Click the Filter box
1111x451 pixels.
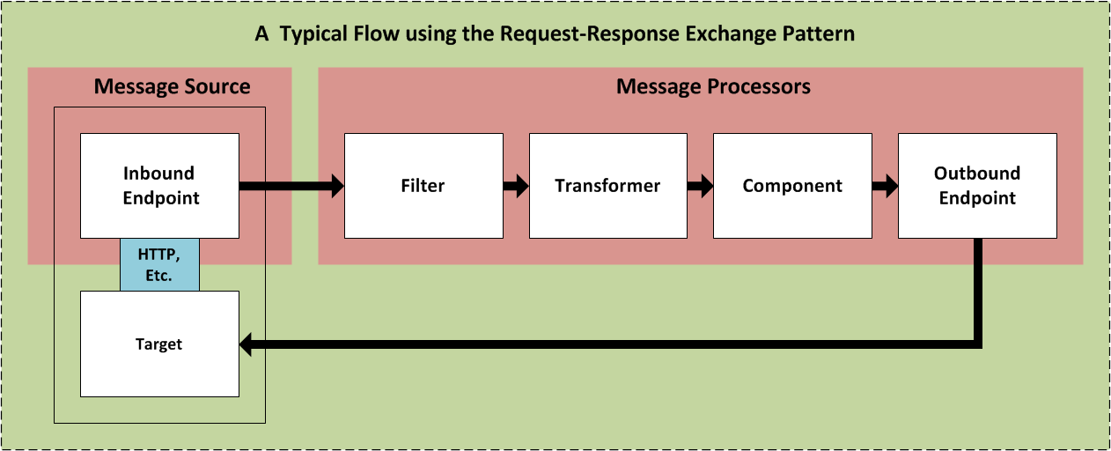(423, 186)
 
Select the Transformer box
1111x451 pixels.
(607, 186)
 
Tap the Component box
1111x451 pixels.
(792, 186)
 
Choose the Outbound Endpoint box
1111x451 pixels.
(977, 186)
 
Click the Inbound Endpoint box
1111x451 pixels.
(159, 186)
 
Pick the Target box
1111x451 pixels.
(159, 344)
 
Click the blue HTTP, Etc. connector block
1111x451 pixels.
(159, 264)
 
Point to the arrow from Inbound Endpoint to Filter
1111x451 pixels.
(291, 186)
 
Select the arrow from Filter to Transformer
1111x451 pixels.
(516, 186)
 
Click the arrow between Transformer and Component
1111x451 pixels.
(701, 186)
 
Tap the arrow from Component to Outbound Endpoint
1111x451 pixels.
(886, 186)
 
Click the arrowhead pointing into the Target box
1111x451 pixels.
(246, 344)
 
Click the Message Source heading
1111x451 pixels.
(172, 86)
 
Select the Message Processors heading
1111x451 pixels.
(713, 86)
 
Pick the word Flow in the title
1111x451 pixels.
(373, 34)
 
